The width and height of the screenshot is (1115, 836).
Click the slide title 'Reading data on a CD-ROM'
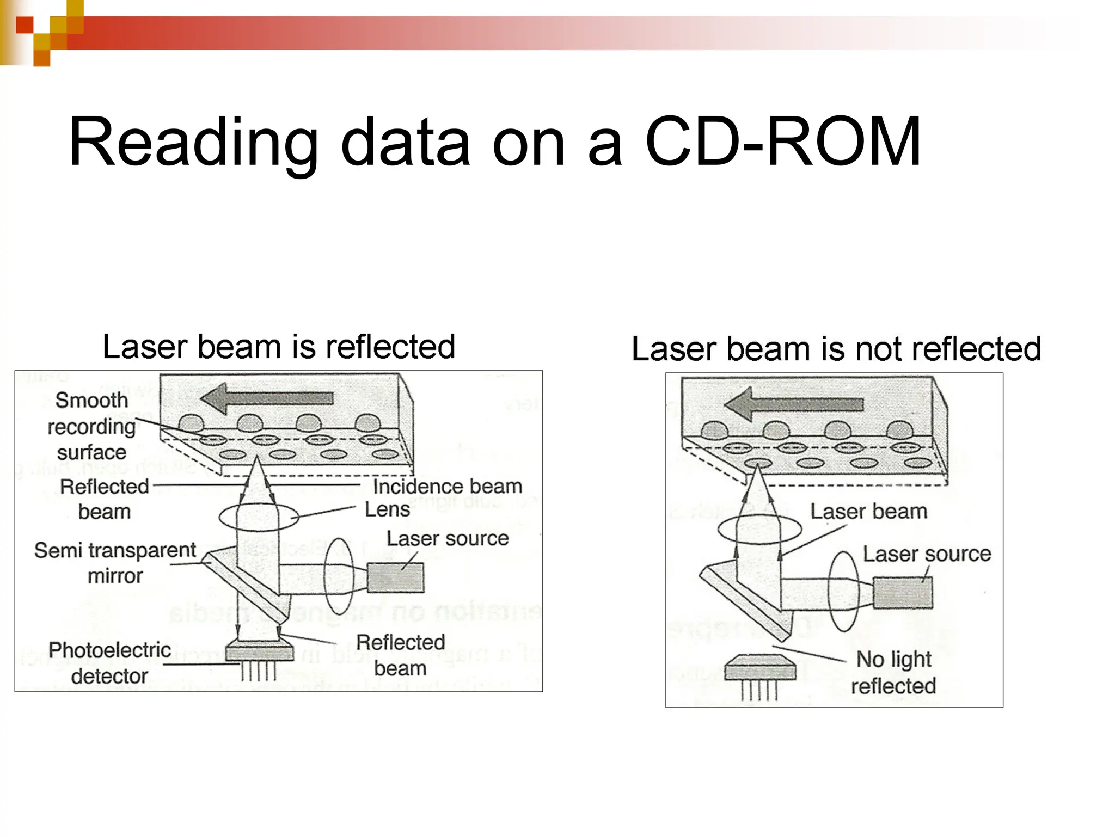pos(494,143)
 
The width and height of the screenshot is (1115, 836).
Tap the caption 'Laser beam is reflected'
pos(279,347)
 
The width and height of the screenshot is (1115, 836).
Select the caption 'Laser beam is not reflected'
pos(836,349)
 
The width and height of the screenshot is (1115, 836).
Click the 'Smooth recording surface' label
pos(91,426)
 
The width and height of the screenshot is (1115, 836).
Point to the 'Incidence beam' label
pos(448,486)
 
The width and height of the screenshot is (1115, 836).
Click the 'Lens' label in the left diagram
pos(387,509)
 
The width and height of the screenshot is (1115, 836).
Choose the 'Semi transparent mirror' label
pos(115,563)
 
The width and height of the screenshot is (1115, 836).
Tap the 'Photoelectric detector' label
pos(109,663)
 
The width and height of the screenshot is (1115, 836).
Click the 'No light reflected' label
pos(893,672)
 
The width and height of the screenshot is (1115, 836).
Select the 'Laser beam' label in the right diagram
pos(868,512)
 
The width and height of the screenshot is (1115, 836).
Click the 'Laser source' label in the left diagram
pos(448,538)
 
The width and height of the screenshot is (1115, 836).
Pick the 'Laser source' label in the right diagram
pos(927,554)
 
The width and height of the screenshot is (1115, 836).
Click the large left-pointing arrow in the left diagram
pos(267,398)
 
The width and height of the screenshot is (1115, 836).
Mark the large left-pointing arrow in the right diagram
pos(794,404)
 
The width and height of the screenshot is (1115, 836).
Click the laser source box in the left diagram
pos(395,577)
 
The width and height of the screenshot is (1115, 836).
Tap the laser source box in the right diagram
pos(903,592)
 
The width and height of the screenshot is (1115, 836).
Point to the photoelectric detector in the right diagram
pos(760,669)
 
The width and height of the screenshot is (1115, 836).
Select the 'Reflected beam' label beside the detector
pos(400,655)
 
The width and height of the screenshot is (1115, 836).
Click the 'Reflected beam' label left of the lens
pos(104,499)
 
